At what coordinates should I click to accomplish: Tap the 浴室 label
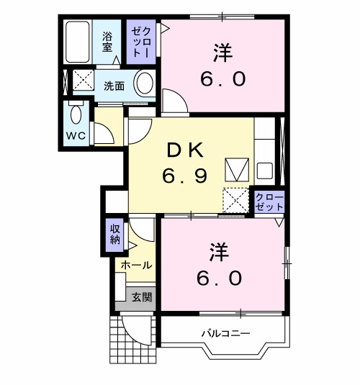[x=107, y=42]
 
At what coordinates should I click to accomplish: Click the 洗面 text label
[x=113, y=86]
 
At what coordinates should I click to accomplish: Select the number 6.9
[x=187, y=174]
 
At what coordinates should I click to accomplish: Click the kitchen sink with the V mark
[x=236, y=170]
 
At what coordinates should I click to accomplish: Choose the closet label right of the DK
[x=269, y=201]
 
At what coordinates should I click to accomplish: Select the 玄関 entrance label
[x=142, y=296]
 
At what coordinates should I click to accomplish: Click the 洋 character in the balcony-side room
[x=219, y=253]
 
